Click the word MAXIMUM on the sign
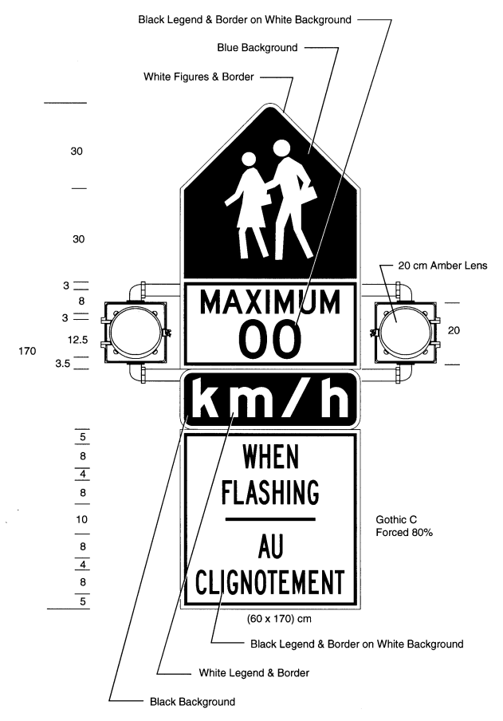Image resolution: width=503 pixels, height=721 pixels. (x=270, y=301)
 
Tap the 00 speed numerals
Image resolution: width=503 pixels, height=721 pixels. (x=270, y=339)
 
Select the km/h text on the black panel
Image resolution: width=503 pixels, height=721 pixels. (x=270, y=399)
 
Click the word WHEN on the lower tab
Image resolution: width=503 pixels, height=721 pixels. (x=270, y=456)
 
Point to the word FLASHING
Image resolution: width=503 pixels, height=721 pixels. (x=270, y=491)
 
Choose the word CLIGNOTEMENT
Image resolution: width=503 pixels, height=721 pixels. (x=270, y=581)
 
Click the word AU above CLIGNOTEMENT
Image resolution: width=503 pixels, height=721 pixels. (x=270, y=546)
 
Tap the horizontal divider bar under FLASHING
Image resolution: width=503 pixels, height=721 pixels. (x=270, y=519)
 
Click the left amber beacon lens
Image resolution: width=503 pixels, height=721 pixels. (x=136, y=331)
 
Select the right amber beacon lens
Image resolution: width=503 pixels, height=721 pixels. (x=405, y=331)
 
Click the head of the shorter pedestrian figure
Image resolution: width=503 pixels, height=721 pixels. (x=249, y=160)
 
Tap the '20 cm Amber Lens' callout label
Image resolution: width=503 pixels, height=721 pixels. (x=442, y=266)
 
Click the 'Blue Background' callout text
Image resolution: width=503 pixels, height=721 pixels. (x=257, y=48)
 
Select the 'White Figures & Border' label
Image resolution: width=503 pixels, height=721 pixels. (x=198, y=77)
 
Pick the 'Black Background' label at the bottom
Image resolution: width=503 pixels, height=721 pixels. (x=192, y=702)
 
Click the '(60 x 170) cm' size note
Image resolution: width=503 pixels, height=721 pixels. (x=279, y=619)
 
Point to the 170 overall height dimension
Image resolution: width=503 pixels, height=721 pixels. (x=27, y=351)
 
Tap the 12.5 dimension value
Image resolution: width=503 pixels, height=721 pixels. (x=77, y=340)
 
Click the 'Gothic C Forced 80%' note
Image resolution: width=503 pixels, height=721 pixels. (x=404, y=526)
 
